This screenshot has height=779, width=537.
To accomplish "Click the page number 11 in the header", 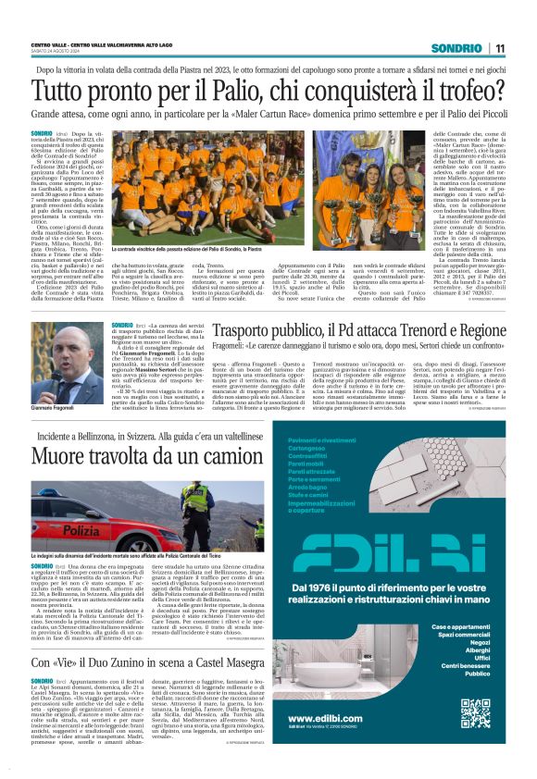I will tap(499, 48).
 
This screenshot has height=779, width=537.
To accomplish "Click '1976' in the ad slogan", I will tap(317, 587).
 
